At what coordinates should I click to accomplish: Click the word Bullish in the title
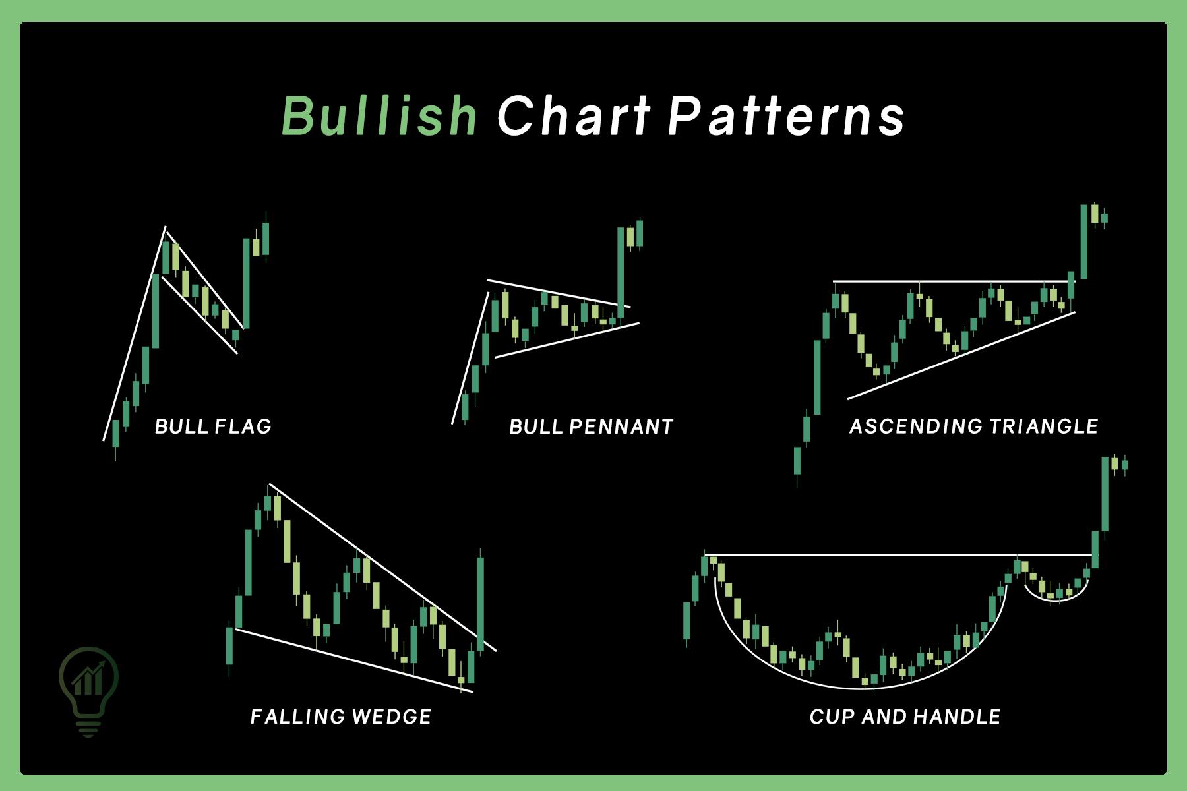point(380,116)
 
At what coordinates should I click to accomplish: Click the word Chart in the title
point(574,116)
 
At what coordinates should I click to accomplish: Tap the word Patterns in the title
point(786,116)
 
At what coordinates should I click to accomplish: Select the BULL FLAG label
point(213,426)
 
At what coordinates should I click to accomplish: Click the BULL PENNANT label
point(592,426)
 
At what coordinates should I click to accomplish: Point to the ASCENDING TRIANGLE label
point(973,426)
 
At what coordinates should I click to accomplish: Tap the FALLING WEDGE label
point(341,717)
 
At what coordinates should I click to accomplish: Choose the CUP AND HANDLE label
point(905,717)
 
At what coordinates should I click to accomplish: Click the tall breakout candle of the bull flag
point(246,283)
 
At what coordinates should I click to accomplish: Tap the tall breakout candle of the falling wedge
point(480,603)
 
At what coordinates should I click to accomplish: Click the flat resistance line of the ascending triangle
point(950,282)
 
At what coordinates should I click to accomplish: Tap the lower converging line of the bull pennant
point(567,340)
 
